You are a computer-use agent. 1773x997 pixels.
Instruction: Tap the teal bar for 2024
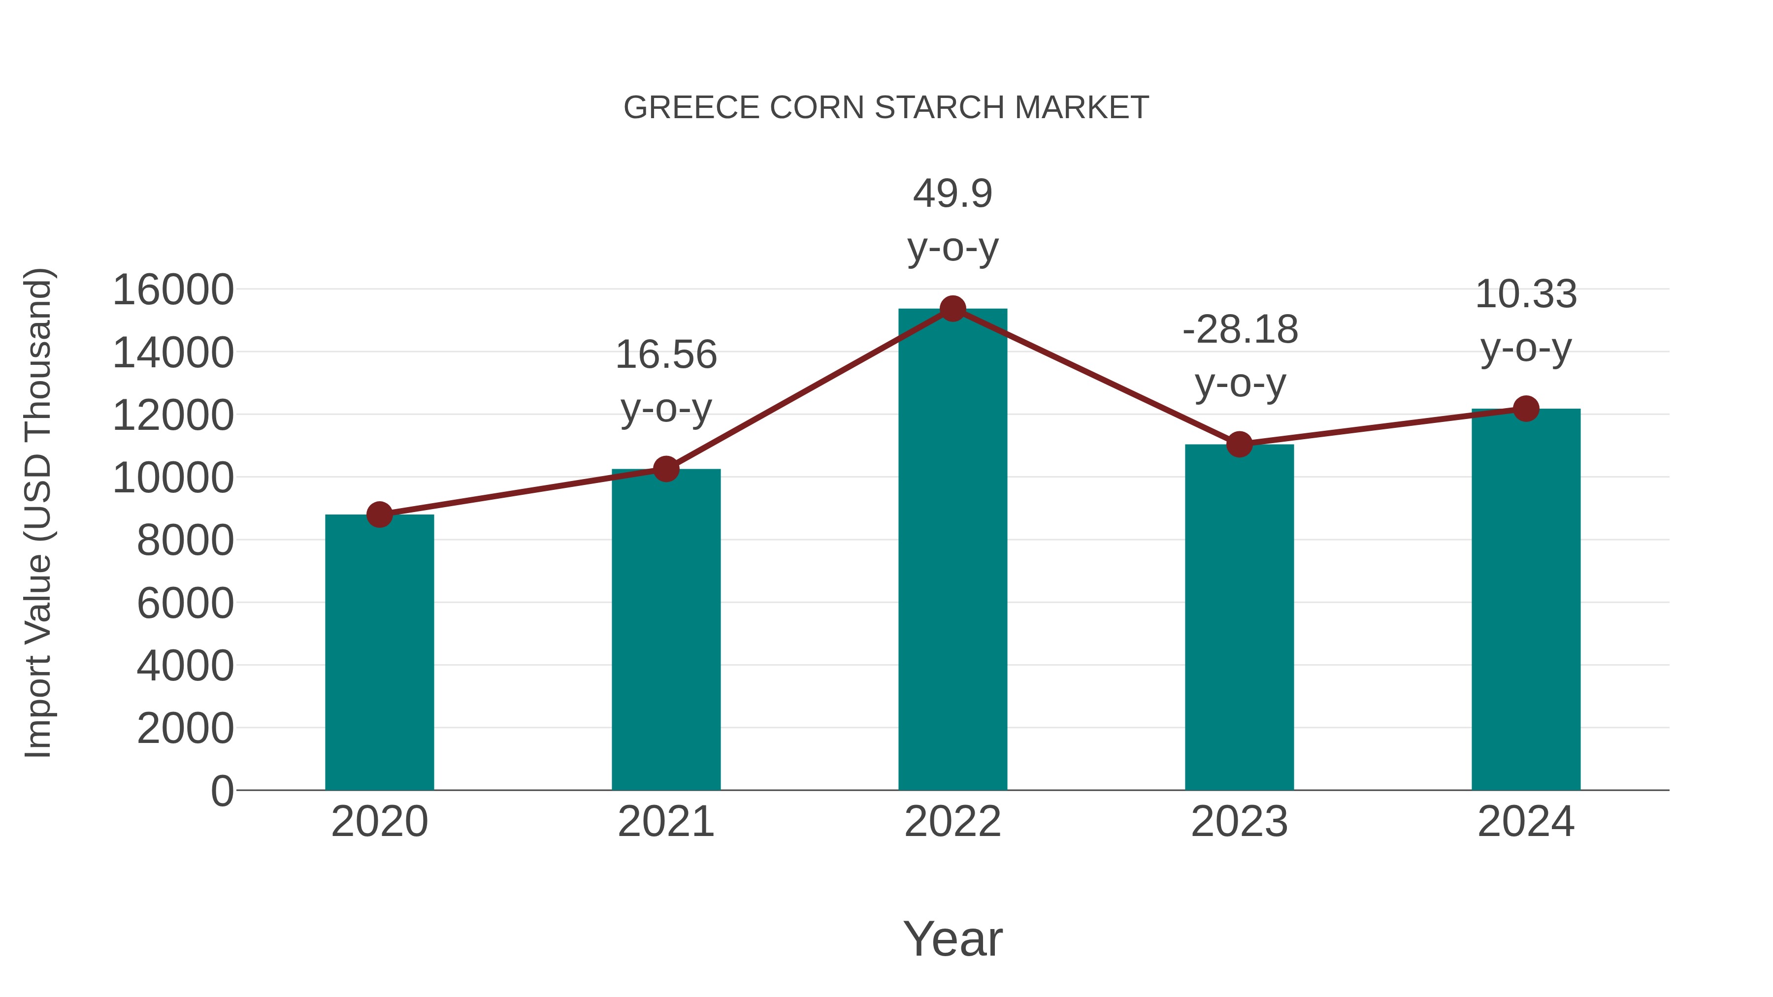1526,599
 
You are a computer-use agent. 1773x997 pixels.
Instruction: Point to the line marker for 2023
1239,445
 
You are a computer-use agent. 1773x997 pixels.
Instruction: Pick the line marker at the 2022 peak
952,309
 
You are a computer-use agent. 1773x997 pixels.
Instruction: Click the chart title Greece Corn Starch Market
886,108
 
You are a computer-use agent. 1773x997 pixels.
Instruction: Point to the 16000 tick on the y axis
173,289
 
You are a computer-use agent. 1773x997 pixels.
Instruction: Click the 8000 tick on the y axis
185,540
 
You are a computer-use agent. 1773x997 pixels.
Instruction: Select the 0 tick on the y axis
222,791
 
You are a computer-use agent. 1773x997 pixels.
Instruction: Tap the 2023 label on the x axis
1239,822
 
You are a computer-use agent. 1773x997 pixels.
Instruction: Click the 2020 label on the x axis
379,822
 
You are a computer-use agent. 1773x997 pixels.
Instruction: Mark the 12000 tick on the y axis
173,415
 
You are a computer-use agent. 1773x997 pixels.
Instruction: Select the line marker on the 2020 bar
379,514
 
